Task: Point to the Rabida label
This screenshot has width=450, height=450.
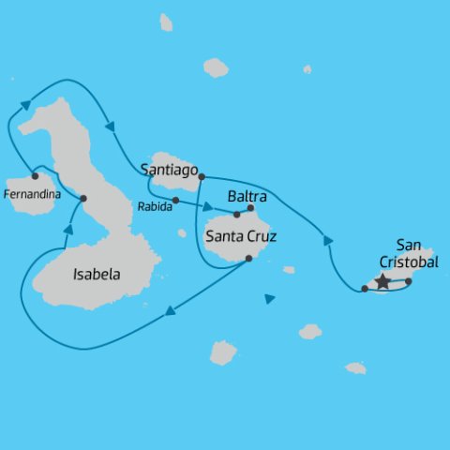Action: coord(155,206)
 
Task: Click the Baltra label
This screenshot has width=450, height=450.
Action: coord(247,197)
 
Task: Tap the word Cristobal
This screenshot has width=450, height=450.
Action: coord(410,262)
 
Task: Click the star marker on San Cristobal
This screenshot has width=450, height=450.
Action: coord(382,280)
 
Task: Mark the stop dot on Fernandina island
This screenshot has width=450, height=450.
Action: coord(35,175)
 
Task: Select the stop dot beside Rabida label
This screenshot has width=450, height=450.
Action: coord(175,200)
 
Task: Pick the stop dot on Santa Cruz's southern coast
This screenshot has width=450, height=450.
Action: coord(248,259)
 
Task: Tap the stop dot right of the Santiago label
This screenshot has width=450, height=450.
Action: coord(202,175)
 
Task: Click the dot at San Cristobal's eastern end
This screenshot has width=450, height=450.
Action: coord(408,280)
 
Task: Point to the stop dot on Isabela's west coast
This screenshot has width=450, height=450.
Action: coord(83,198)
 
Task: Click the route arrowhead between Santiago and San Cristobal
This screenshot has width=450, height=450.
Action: coord(328,241)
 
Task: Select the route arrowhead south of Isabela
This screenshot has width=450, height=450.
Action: coord(170,313)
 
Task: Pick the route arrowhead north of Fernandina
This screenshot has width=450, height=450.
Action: coord(25,104)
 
